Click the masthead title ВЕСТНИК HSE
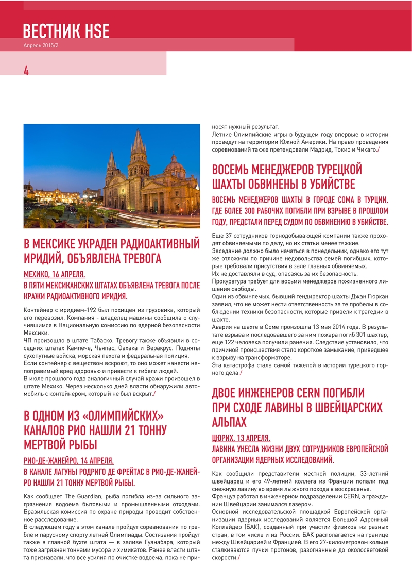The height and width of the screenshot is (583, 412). (66, 31)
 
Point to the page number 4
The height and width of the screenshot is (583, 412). (26, 71)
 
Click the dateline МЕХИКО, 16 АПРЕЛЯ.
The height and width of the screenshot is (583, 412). (55, 274)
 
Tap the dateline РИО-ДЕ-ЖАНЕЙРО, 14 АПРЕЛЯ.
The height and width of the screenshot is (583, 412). (69, 461)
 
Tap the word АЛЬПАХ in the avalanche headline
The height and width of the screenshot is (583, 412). (229, 422)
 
